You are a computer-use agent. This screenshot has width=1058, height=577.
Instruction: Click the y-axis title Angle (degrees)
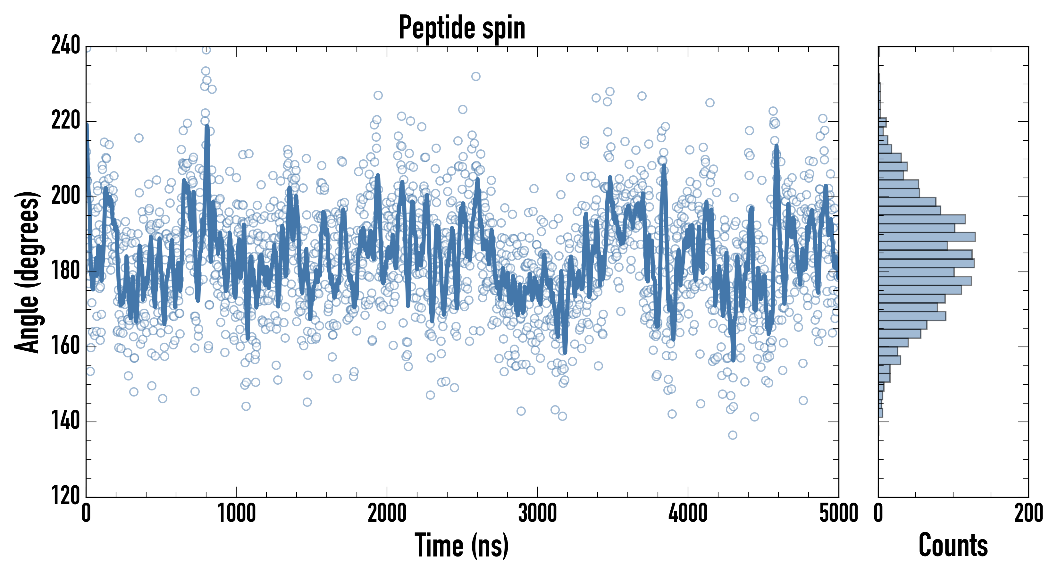pyautogui.click(x=27, y=272)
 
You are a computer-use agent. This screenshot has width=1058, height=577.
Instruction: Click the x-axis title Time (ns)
pyautogui.click(x=462, y=545)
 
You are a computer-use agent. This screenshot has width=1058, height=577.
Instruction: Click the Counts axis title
pyautogui.click(x=953, y=545)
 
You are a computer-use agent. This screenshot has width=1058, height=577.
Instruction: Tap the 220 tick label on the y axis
pyautogui.click(x=66, y=121)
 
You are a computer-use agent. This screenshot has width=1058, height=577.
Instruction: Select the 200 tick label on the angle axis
pyautogui.click(x=66, y=196)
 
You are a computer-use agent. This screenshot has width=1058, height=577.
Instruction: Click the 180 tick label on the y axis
pyautogui.click(x=66, y=272)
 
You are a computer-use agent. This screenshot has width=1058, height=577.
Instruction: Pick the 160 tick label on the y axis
pyautogui.click(x=66, y=347)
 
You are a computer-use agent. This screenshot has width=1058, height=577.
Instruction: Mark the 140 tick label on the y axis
pyautogui.click(x=66, y=421)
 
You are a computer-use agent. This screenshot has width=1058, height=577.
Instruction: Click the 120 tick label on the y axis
pyautogui.click(x=66, y=496)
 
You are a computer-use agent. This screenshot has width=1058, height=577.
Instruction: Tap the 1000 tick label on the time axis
pyautogui.click(x=236, y=513)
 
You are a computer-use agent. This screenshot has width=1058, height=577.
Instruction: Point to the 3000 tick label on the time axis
pyautogui.click(x=537, y=513)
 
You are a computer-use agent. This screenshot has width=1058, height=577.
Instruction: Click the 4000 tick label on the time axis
pyautogui.click(x=687, y=513)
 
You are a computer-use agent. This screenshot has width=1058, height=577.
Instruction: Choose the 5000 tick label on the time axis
pyautogui.click(x=838, y=513)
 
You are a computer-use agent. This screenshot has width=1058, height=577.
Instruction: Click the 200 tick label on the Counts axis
pyautogui.click(x=1028, y=513)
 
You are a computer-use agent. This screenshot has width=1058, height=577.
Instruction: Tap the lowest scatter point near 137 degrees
pyautogui.click(x=732, y=435)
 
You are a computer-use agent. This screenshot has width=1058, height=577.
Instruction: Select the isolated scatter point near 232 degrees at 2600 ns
pyautogui.click(x=475, y=76)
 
